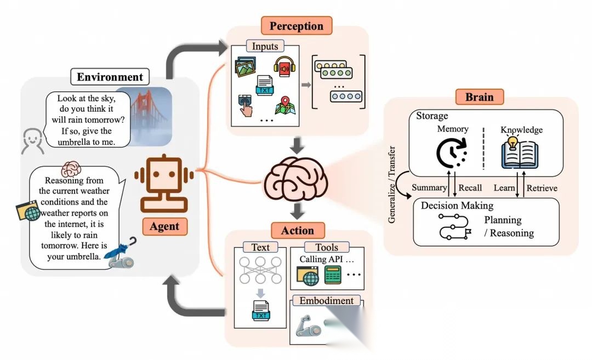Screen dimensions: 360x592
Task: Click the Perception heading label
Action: [x=297, y=26]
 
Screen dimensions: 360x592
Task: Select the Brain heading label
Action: [x=480, y=97]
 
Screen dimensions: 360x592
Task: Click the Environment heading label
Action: [x=110, y=77]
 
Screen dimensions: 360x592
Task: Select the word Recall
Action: [x=470, y=188]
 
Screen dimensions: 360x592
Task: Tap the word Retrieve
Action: [x=542, y=188]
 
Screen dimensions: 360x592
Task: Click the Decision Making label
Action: [x=457, y=205]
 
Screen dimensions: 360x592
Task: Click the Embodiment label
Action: [x=327, y=301]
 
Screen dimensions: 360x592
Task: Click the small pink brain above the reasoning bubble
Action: [x=71, y=168]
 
